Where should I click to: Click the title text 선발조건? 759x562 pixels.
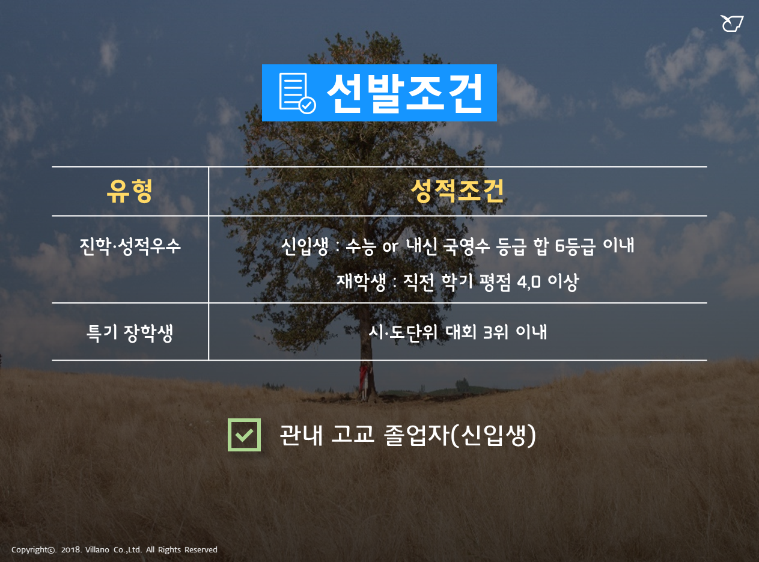coord(405,93)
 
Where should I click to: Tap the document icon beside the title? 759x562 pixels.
coord(297,93)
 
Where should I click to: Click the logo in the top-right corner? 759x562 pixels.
coord(731,23)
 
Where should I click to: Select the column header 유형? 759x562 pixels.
coord(129,191)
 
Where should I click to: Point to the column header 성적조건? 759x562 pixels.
coord(457,191)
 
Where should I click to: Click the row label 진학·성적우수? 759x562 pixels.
coord(130,246)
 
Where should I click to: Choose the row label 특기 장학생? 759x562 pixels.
coord(130,333)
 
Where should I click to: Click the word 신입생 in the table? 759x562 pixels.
coord(305,246)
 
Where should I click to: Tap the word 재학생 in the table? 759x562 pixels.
coord(361,282)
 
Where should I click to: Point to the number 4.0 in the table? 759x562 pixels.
coord(529,283)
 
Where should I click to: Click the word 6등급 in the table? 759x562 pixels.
coord(576,246)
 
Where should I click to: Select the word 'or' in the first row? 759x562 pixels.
coord(391,246)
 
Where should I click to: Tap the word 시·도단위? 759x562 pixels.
coord(403,332)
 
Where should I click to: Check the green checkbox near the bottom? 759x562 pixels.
coord(245,435)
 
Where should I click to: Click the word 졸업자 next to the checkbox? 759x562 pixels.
coord(416,435)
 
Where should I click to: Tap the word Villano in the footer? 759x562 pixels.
coord(97,550)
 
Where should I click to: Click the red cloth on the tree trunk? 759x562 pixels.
coord(364,378)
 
